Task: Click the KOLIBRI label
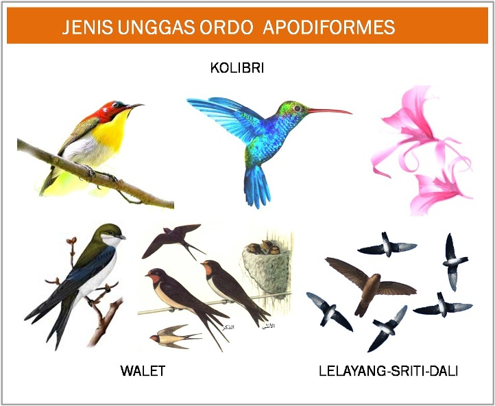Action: [237, 69]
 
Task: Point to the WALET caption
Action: [143, 371]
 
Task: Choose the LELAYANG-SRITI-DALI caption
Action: [388, 371]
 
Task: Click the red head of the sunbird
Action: [113, 109]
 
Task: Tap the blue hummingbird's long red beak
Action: [329, 110]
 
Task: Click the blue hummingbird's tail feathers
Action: [257, 185]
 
